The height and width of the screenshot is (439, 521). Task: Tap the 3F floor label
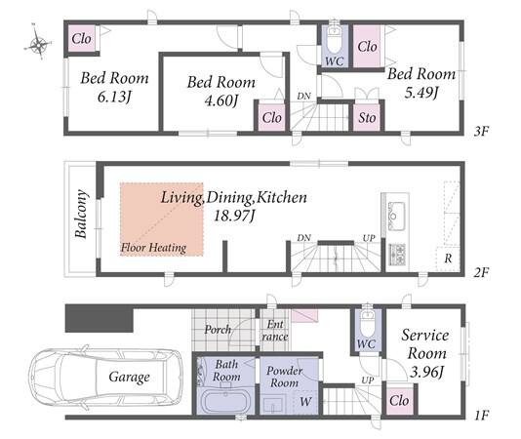coord(481,132)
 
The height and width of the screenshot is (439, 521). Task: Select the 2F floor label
coord(481,273)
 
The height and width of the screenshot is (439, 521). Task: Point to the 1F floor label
coord(481,415)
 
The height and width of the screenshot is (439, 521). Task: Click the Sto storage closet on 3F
coord(367,118)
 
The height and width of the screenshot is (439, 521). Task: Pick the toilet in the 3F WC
coord(334,40)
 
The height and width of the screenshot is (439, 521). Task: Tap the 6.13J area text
coord(114,97)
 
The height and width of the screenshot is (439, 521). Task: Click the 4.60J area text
coord(220,100)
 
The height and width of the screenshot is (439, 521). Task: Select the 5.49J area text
coord(421,92)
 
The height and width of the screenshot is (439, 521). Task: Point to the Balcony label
coord(81,214)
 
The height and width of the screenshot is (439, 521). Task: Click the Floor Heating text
coord(153,248)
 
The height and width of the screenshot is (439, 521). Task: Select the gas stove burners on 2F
coord(397,255)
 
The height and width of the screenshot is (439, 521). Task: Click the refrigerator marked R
coord(448,259)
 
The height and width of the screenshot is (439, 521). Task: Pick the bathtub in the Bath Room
coord(226,402)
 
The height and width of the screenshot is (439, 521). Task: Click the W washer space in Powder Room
coord(305,402)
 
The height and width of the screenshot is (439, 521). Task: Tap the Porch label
coord(218,330)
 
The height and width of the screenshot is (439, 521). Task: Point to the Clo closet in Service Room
coord(399,400)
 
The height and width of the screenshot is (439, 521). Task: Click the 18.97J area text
coord(234,216)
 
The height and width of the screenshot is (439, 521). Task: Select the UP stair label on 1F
coord(367,379)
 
